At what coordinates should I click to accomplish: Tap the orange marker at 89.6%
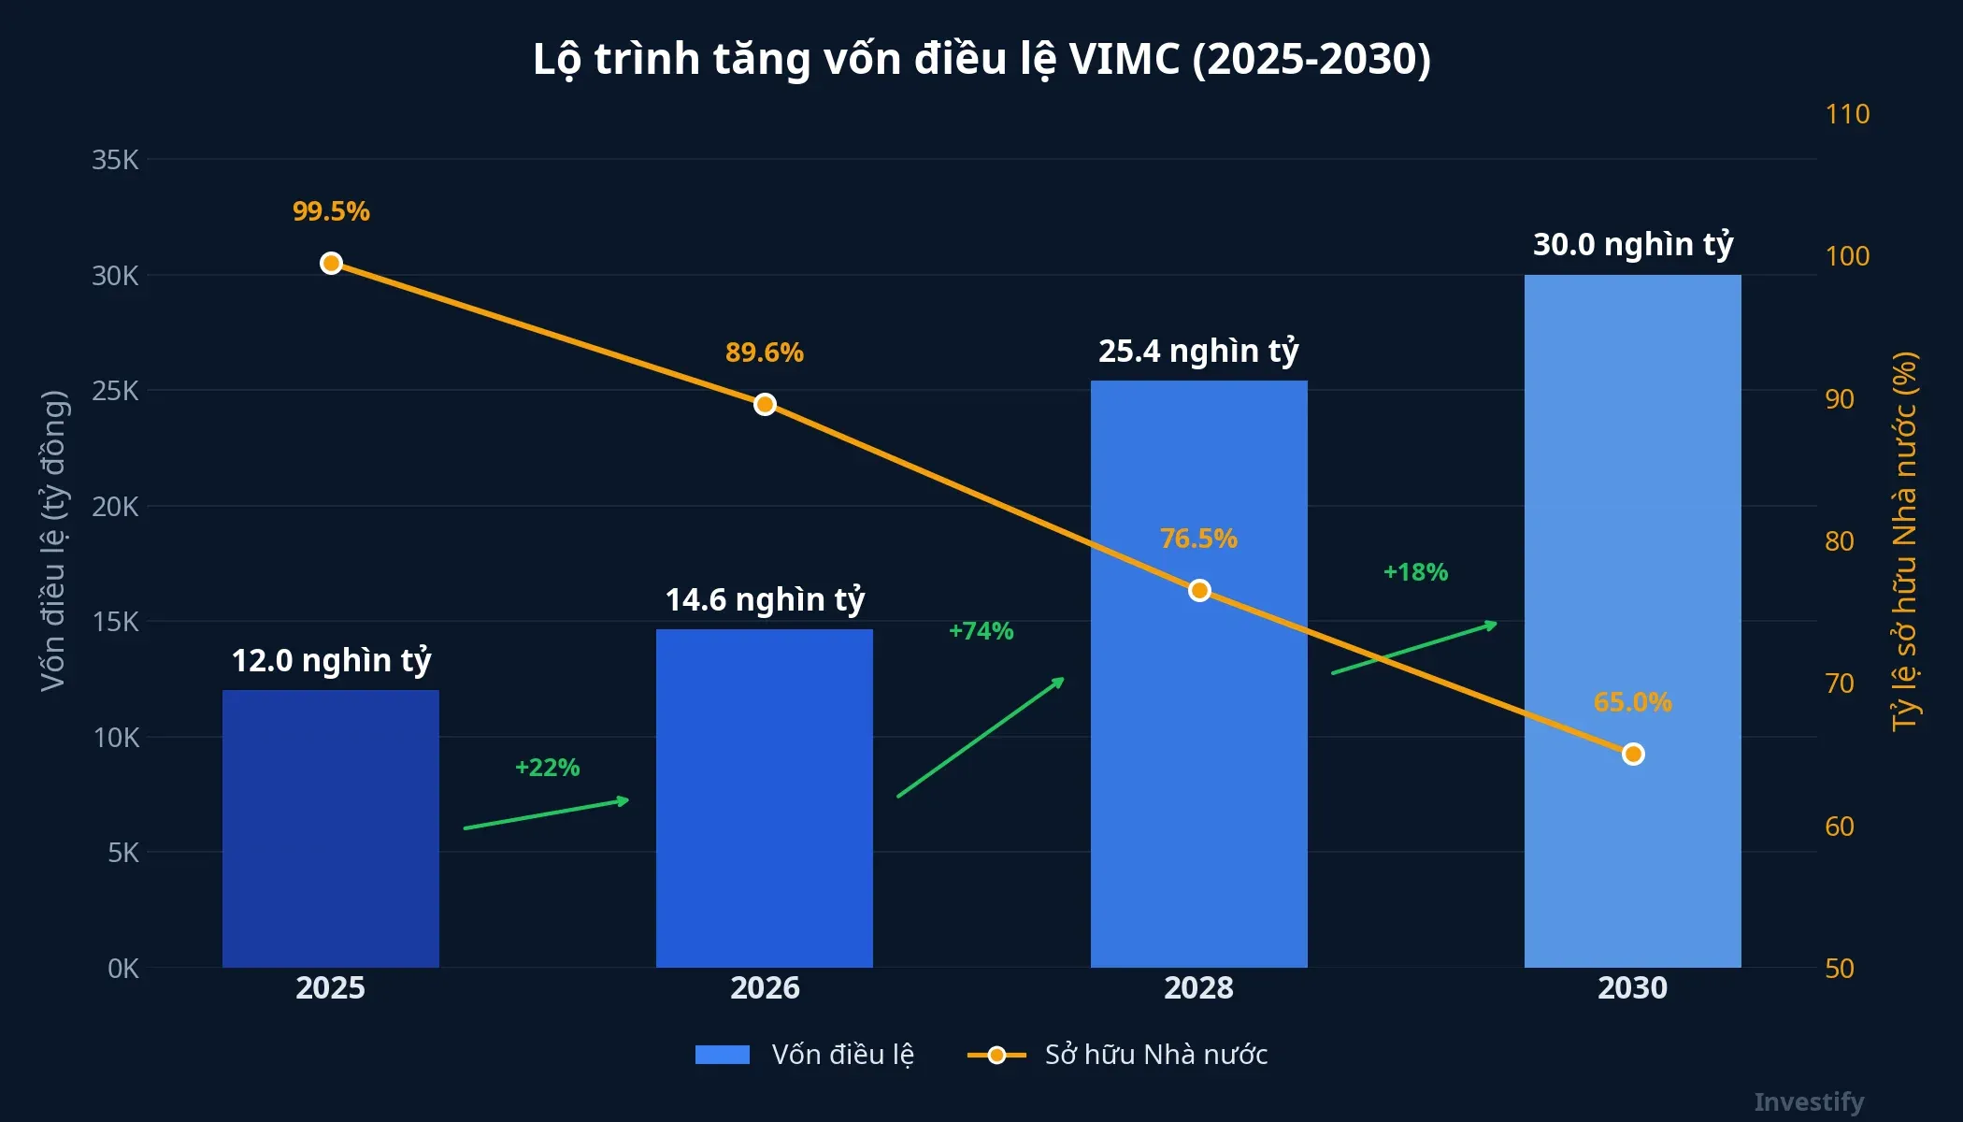tap(765, 404)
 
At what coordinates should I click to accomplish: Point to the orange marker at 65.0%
tap(1632, 754)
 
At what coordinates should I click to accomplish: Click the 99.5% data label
tap(331, 211)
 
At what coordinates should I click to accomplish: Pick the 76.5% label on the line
tap(1198, 539)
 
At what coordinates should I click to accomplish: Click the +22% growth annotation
tap(547, 768)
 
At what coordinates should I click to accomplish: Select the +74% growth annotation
tap(981, 631)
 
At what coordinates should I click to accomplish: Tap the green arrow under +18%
tap(1413, 647)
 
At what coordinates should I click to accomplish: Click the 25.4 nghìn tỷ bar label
tap(1198, 352)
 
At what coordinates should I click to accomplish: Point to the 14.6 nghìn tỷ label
tap(765, 599)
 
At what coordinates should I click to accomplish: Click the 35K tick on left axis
tap(115, 160)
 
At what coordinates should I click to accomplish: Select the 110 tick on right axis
tap(1847, 114)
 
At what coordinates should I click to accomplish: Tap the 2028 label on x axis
tap(1198, 988)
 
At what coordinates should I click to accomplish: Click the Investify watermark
tap(1808, 1101)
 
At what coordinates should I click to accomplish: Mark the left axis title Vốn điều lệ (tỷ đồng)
tap(53, 540)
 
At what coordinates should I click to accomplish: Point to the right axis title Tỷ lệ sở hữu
tap(1904, 540)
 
